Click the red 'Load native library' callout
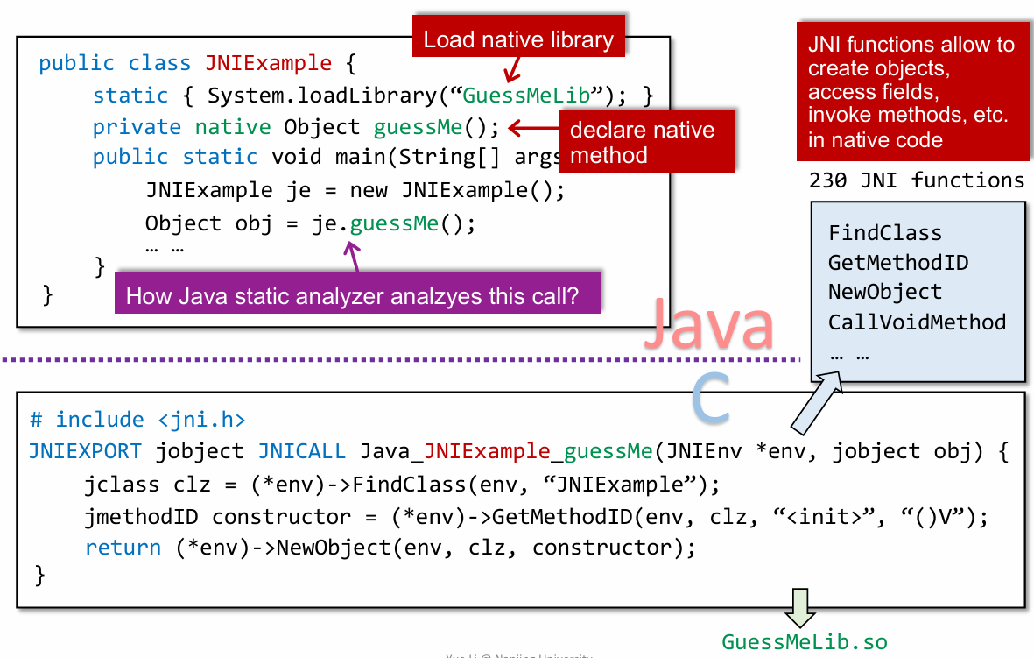pos(518,39)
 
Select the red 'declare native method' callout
pos(644,143)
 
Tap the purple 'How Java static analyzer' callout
pos(352,295)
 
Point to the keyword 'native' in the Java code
pos(233,127)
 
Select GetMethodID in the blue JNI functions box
pos(898,263)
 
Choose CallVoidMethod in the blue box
pos(917,322)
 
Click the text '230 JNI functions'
pos(917,180)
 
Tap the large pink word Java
pos(708,323)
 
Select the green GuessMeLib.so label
pos(804,642)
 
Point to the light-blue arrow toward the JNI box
pos(816,401)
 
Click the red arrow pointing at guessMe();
pos(531,128)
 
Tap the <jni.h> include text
pos(201,420)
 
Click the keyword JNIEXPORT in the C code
pos(85,451)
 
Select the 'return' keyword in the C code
pos(123,548)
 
